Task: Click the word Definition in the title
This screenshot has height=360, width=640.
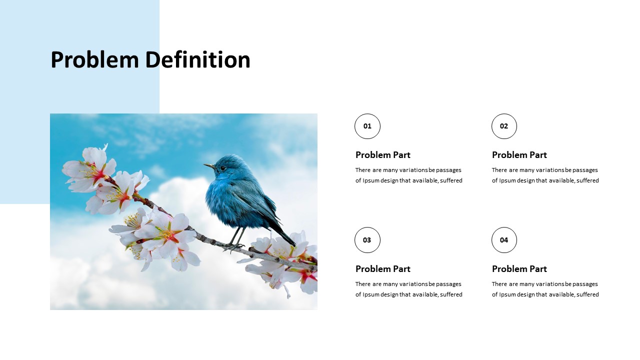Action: click(x=197, y=59)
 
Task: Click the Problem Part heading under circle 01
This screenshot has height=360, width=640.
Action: click(x=383, y=155)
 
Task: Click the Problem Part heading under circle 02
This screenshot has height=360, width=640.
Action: click(x=519, y=155)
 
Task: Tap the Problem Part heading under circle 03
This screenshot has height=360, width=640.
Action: click(x=383, y=269)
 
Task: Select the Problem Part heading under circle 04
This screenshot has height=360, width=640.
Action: click(x=519, y=269)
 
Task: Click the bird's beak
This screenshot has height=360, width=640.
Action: click(x=210, y=166)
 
